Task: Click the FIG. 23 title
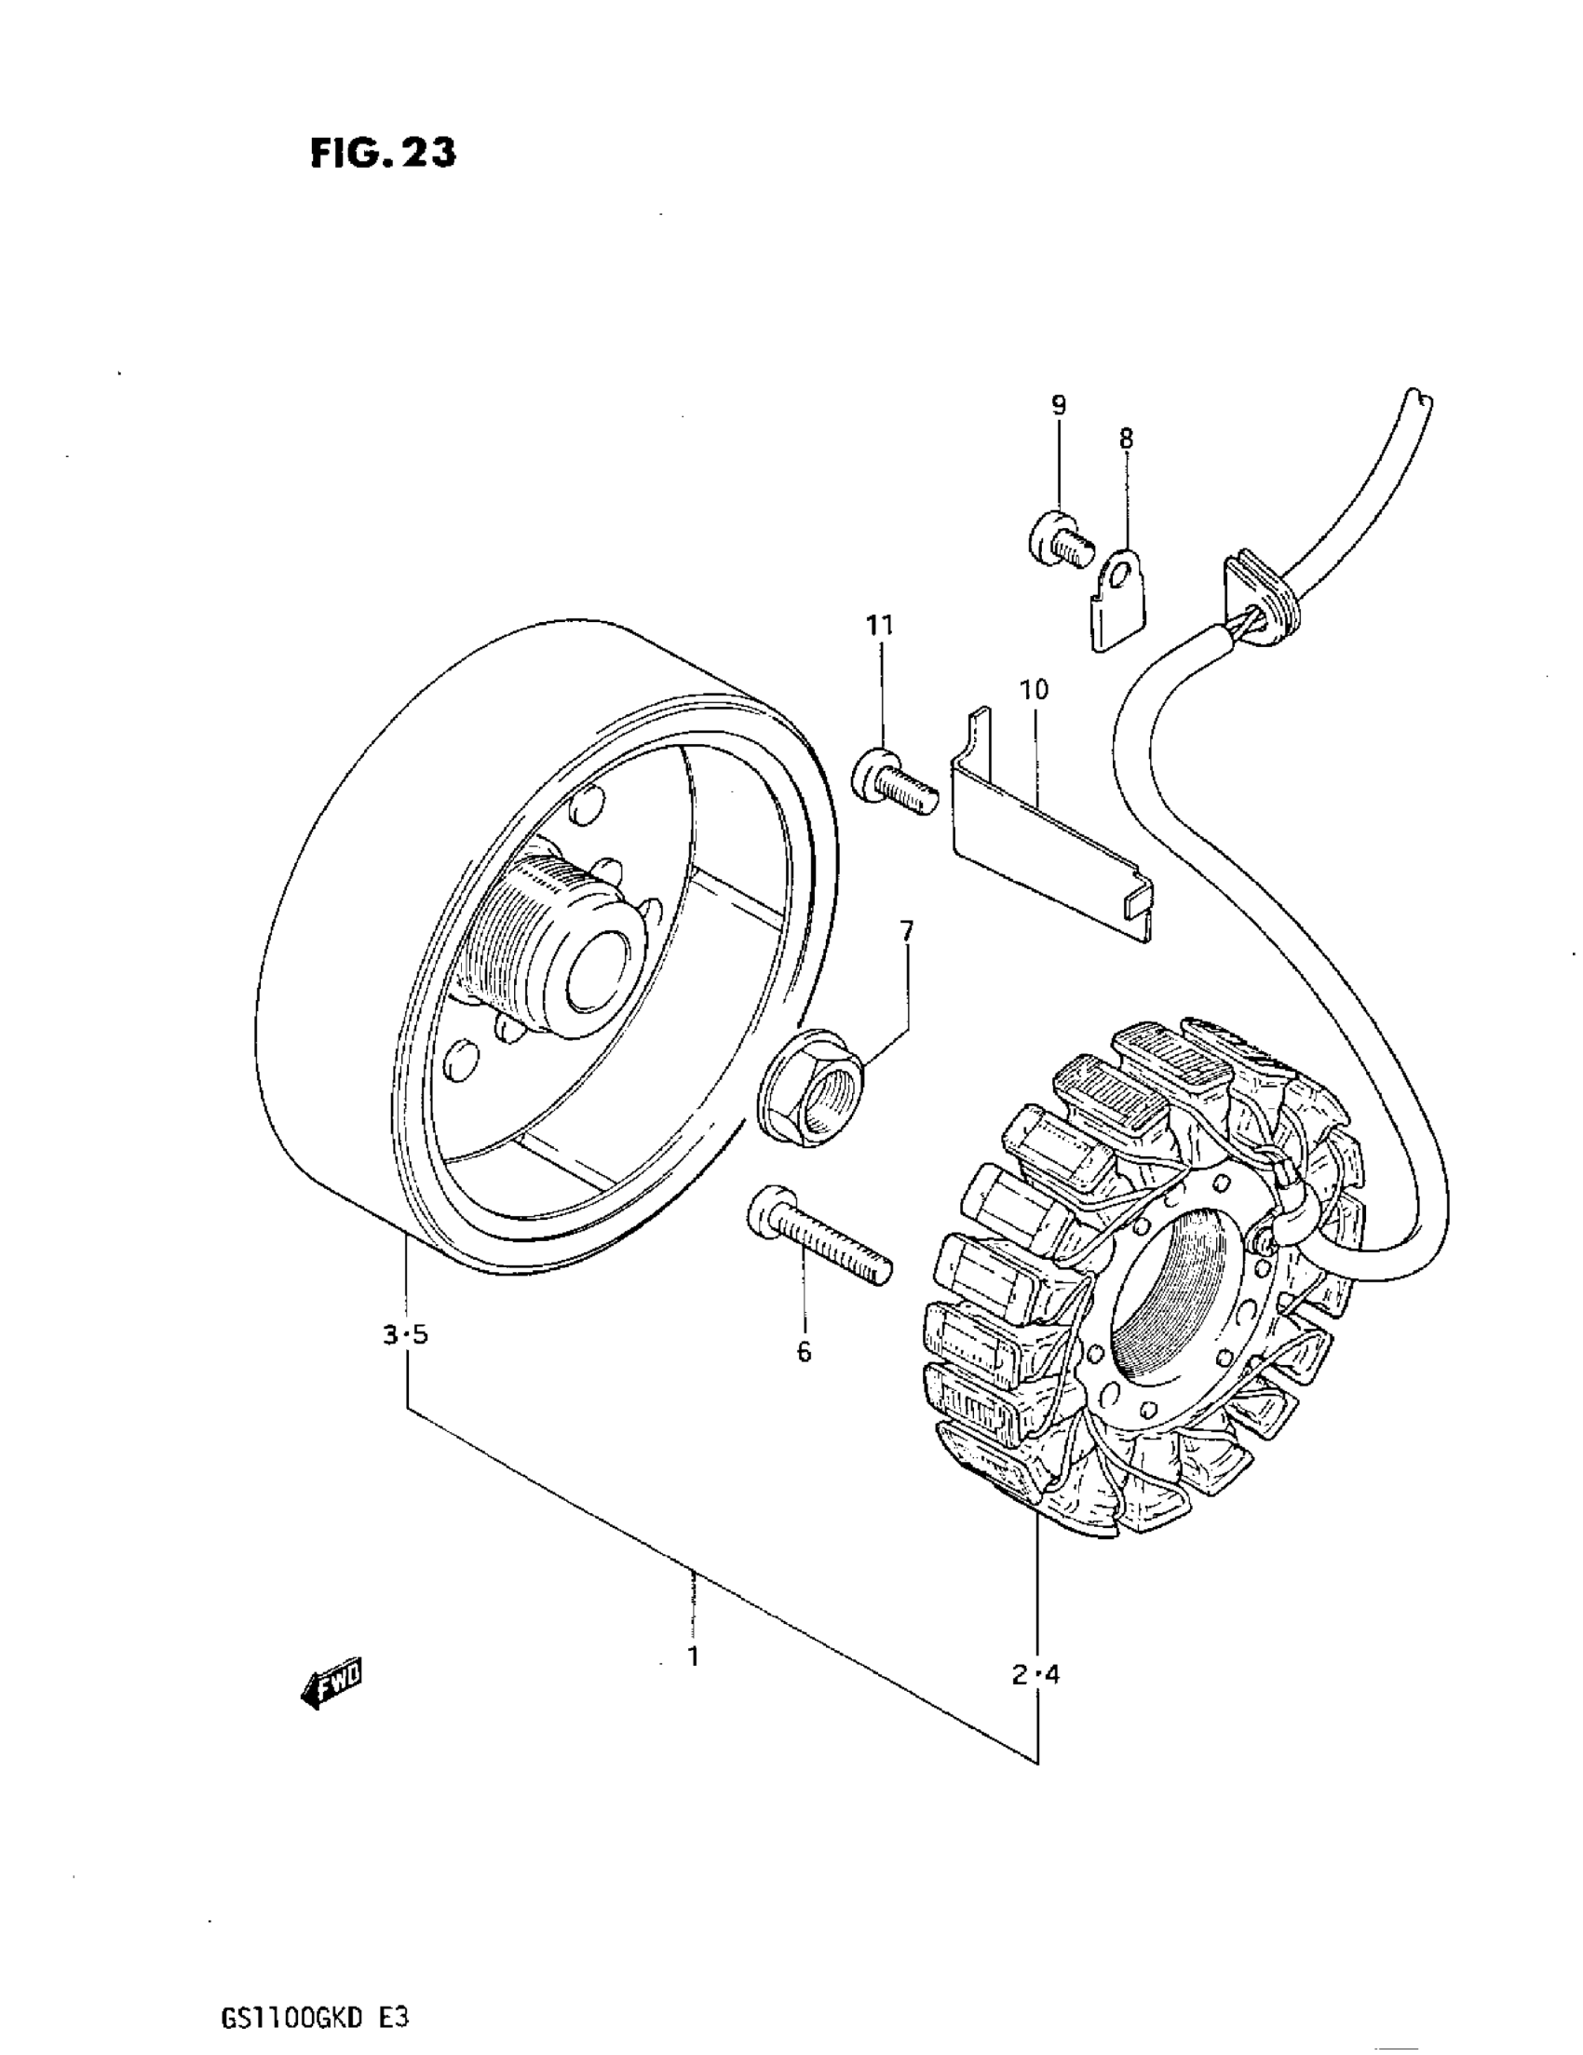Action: pyautogui.click(x=382, y=153)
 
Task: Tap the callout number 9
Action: pyautogui.click(x=1059, y=406)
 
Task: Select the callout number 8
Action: pyautogui.click(x=1126, y=439)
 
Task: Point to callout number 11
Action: pyautogui.click(x=880, y=625)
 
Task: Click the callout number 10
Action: pyautogui.click(x=1034, y=690)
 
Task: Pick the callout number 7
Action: pyautogui.click(x=905, y=931)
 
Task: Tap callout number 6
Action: pyautogui.click(x=803, y=1352)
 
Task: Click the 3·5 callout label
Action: pyautogui.click(x=406, y=1334)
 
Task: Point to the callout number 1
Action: pyautogui.click(x=693, y=1657)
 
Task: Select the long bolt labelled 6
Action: pyautogui.click(x=818, y=1240)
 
